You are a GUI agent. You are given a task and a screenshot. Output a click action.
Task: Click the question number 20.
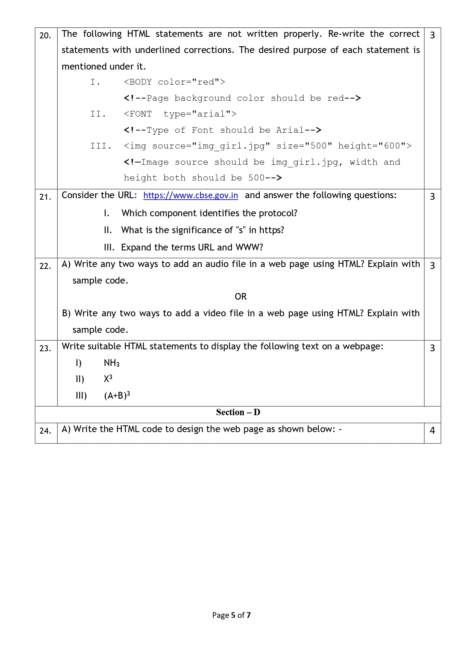tap(45, 36)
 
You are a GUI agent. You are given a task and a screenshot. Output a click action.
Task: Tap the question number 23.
tap(45, 349)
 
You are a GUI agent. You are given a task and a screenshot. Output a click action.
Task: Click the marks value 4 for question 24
tap(432, 431)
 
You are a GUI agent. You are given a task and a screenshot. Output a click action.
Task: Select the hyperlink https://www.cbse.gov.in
tap(190, 196)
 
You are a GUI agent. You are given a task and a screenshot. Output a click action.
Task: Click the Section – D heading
tap(238, 413)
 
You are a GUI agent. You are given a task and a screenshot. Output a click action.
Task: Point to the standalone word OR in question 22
tap(240, 297)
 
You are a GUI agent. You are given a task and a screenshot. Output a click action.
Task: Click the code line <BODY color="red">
tap(174, 82)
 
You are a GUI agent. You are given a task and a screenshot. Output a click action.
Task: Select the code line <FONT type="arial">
tap(180, 114)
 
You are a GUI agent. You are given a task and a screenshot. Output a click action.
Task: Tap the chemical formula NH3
tap(111, 363)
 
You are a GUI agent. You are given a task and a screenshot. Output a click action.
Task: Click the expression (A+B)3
tap(117, 395)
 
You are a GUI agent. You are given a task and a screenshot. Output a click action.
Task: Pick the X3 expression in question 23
tap(108, 379)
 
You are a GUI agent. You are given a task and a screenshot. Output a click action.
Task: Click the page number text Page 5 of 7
tap(231, 615)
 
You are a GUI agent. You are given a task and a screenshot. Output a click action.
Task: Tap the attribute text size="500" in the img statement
tap(304, 146)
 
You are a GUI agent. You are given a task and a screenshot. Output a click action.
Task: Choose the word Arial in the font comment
tap(290, 130)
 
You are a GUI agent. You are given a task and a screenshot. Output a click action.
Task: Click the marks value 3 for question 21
tap(432, 197)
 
